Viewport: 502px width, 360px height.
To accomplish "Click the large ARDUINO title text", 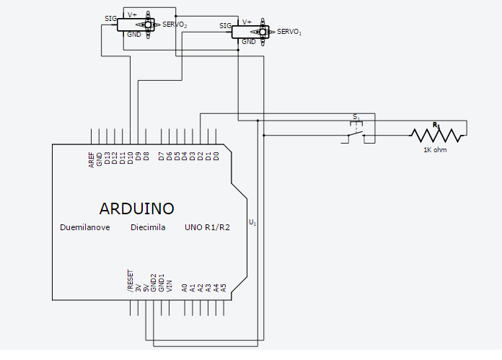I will [136, 208].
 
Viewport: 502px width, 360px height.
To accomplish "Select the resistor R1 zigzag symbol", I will [436, 135].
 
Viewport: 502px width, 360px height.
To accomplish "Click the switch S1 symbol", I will [358, 130].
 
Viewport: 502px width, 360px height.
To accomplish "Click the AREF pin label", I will [92, 160].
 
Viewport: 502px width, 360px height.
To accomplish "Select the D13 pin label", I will [107, 159].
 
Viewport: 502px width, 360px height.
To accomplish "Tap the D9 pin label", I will [138, 157].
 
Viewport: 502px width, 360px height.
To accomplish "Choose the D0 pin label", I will [216, 156].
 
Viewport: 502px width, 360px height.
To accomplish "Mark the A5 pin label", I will [224, 286].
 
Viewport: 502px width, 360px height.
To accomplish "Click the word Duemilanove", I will [85, 227].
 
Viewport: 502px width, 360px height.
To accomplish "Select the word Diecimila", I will [148, 227].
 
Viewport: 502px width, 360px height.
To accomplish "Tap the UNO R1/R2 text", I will [208, 227].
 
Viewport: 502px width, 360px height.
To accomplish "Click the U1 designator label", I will [252, 222].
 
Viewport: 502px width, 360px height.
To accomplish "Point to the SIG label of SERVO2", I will [110, 19].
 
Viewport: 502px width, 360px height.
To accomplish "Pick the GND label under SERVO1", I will [249, 42].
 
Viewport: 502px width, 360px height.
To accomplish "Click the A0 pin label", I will [184, 286].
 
